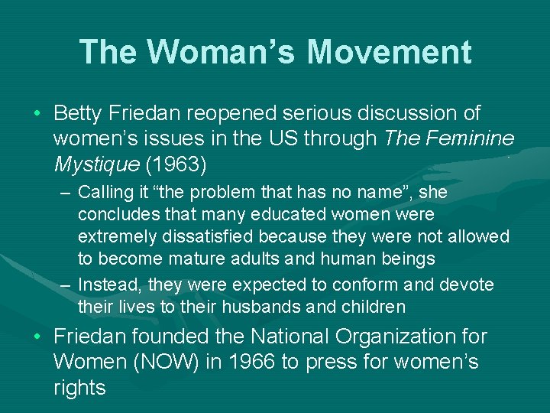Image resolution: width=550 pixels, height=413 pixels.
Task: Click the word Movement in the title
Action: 390,52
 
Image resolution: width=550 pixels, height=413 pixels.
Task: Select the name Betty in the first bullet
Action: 80,114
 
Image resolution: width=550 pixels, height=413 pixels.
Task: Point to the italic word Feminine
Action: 471,139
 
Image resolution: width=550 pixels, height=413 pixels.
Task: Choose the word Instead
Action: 108,285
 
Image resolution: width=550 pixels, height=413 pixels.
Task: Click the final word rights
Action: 79,388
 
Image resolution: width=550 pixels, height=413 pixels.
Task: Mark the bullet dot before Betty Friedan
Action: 38,115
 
